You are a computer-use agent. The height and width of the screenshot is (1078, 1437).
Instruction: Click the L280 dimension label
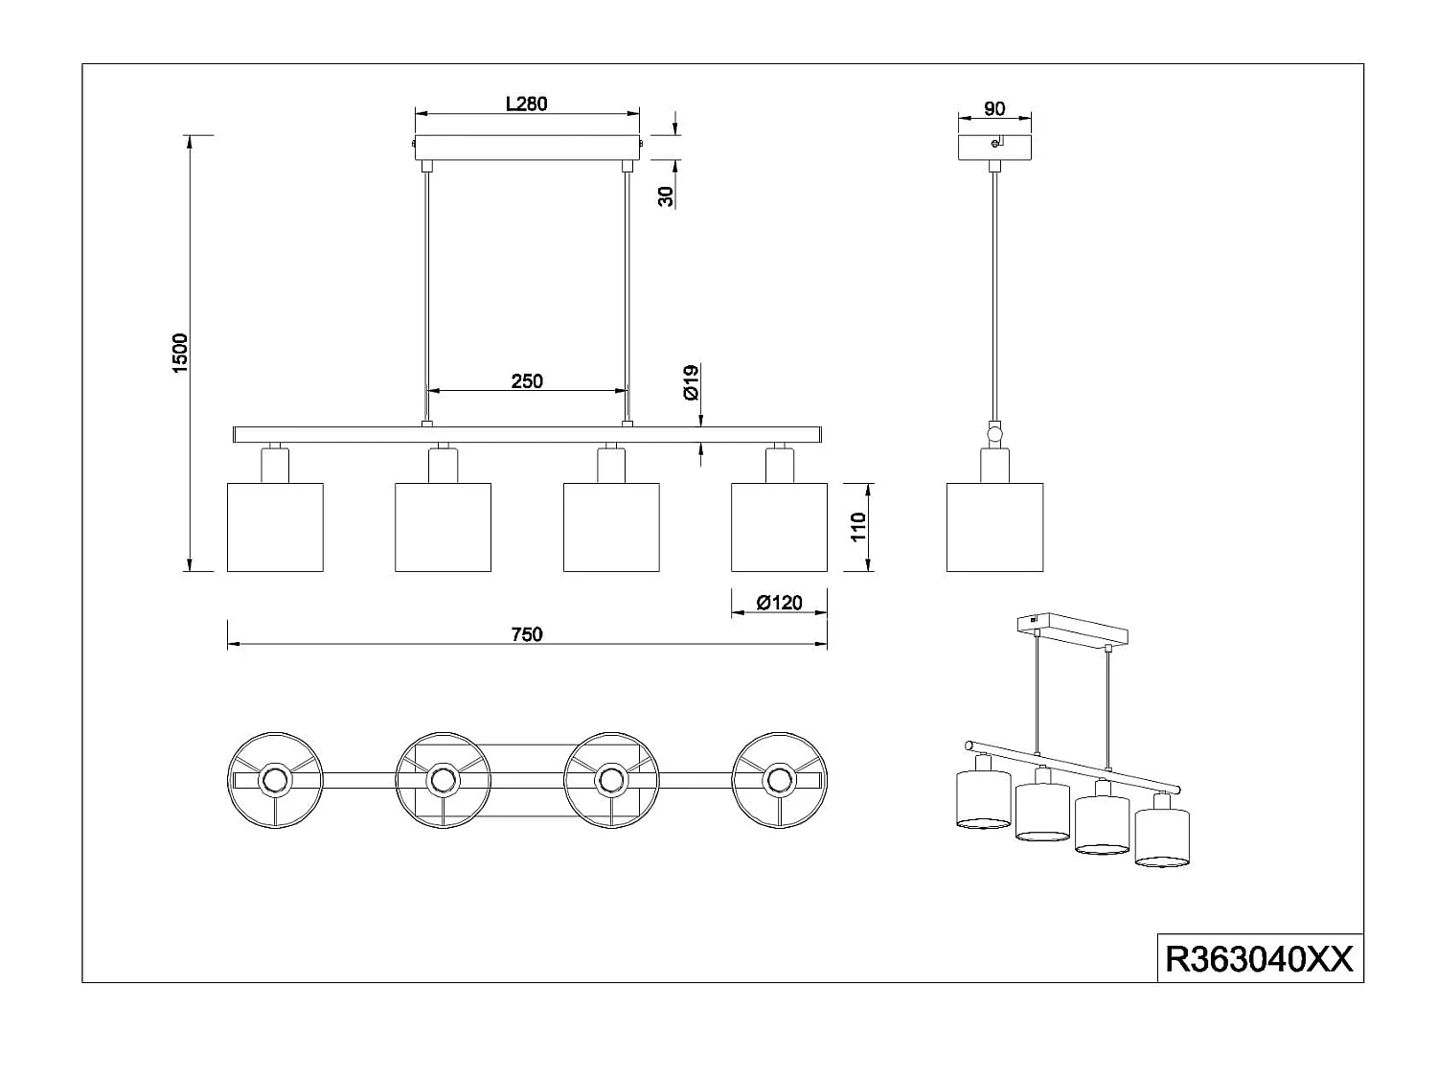[x=526, y=104]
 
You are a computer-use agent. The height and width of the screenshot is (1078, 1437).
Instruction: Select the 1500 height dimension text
[x=180, y=354]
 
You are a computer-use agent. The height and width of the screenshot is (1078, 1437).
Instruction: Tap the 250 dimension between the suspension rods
[x=527, y=381]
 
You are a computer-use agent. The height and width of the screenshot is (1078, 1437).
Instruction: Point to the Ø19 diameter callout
[x=691, y=383]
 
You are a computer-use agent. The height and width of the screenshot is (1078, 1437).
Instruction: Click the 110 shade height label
[x=858, y=527]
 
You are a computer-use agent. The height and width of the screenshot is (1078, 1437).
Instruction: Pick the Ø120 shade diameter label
[x=779, y=602]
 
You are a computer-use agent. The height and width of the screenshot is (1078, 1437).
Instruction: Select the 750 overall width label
[x=527, y=634]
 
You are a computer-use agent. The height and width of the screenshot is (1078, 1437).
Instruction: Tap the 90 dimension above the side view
[x=994, y=108]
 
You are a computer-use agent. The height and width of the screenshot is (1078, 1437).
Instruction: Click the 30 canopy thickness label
[x=666, y=196]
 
